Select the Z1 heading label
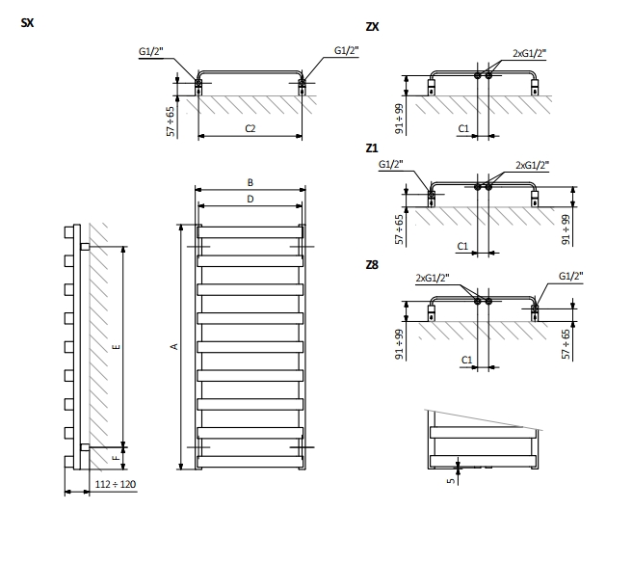coord(372,147)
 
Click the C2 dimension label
coord(250,129)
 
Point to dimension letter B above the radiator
coord(250,182)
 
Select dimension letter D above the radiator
coord(250,199)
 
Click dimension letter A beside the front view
coord(174,346)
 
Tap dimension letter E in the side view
coord(116,346)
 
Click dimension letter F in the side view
coord(116,456)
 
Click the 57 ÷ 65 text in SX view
coord(171,122)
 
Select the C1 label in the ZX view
coord(462,128)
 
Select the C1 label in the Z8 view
coord(466,360)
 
